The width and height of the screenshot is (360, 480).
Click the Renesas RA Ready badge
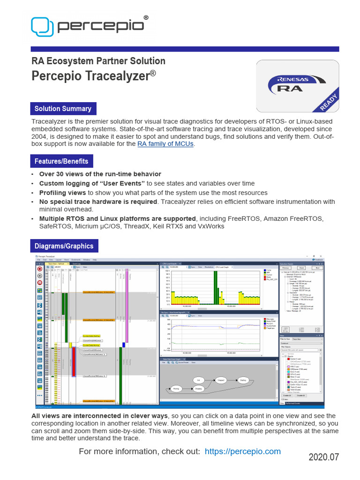coord(297,87)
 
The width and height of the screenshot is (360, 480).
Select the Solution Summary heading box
coord(63,109)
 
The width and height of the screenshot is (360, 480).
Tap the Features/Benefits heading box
coord(61,161)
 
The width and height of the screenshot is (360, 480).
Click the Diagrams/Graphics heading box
coord(64,246)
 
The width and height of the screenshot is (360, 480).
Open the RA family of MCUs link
coord(165,144)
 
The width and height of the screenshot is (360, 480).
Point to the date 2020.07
coord(323,457)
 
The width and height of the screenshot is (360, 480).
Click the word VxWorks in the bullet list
coord(210,226)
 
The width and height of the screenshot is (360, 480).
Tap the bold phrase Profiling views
coord(62,193)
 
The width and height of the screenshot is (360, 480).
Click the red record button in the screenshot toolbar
coord(39,269)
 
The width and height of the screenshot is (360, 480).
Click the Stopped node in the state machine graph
coord(221,380)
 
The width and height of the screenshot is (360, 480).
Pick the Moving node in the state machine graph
coord(176,389)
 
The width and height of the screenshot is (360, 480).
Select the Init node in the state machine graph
coord(199,380)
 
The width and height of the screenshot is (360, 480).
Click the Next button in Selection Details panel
coord(317,268)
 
